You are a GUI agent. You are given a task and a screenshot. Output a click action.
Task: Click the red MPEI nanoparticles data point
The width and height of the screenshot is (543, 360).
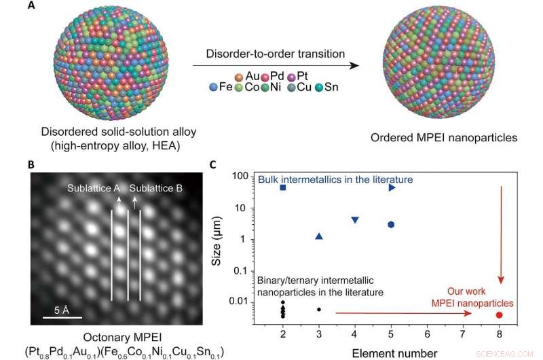coord(500,314)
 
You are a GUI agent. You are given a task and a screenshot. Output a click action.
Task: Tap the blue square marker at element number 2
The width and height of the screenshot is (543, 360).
coord(283,187)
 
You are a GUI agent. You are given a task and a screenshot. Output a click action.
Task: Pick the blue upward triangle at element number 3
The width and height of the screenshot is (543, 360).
coord(319,236)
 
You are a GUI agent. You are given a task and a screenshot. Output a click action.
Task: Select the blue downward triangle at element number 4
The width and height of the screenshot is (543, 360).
coord(355,220)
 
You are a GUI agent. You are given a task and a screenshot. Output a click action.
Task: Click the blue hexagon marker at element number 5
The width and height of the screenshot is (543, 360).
coord(391,225)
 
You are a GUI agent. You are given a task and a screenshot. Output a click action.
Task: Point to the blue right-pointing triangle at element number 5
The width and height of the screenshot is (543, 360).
coord(392,187)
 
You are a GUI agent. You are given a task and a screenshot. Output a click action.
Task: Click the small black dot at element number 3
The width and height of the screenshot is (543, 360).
coord(319,310)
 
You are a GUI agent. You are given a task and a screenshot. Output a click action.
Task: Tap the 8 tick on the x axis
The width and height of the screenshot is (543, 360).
coord(500,334)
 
